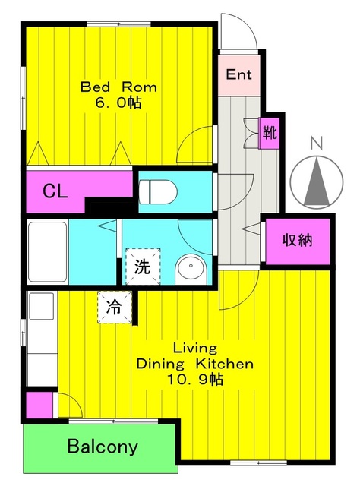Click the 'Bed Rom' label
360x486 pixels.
(x=112, y=87)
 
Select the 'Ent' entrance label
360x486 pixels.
(x=238, y=75)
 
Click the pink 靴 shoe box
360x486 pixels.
(x=270, y=132)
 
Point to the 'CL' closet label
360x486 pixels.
(x=54, y=191)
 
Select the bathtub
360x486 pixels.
(x=47, y=251)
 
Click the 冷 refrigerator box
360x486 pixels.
(x=113, y=308)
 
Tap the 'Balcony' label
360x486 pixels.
(x=102, y=446)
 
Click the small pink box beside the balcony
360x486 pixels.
(x=35, y=404)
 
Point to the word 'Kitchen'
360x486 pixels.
(x=226, y=364)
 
